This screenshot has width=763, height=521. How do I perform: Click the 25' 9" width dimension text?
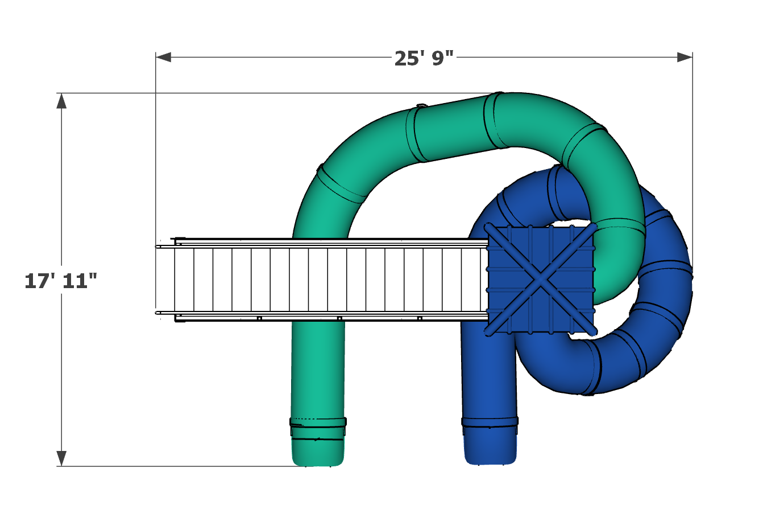click(424, 58)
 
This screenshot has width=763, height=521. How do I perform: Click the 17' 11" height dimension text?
click(61, 281)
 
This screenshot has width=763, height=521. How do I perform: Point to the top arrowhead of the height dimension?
click(61, 101)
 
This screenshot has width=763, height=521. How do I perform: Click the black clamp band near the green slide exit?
click(318, 422)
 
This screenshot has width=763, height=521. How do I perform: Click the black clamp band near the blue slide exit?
click(490, 422)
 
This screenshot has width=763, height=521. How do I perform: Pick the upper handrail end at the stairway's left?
click(159, 247)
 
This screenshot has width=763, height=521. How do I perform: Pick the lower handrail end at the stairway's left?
click(159, 313)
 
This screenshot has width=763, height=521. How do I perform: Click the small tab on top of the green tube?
click(421, 105)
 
